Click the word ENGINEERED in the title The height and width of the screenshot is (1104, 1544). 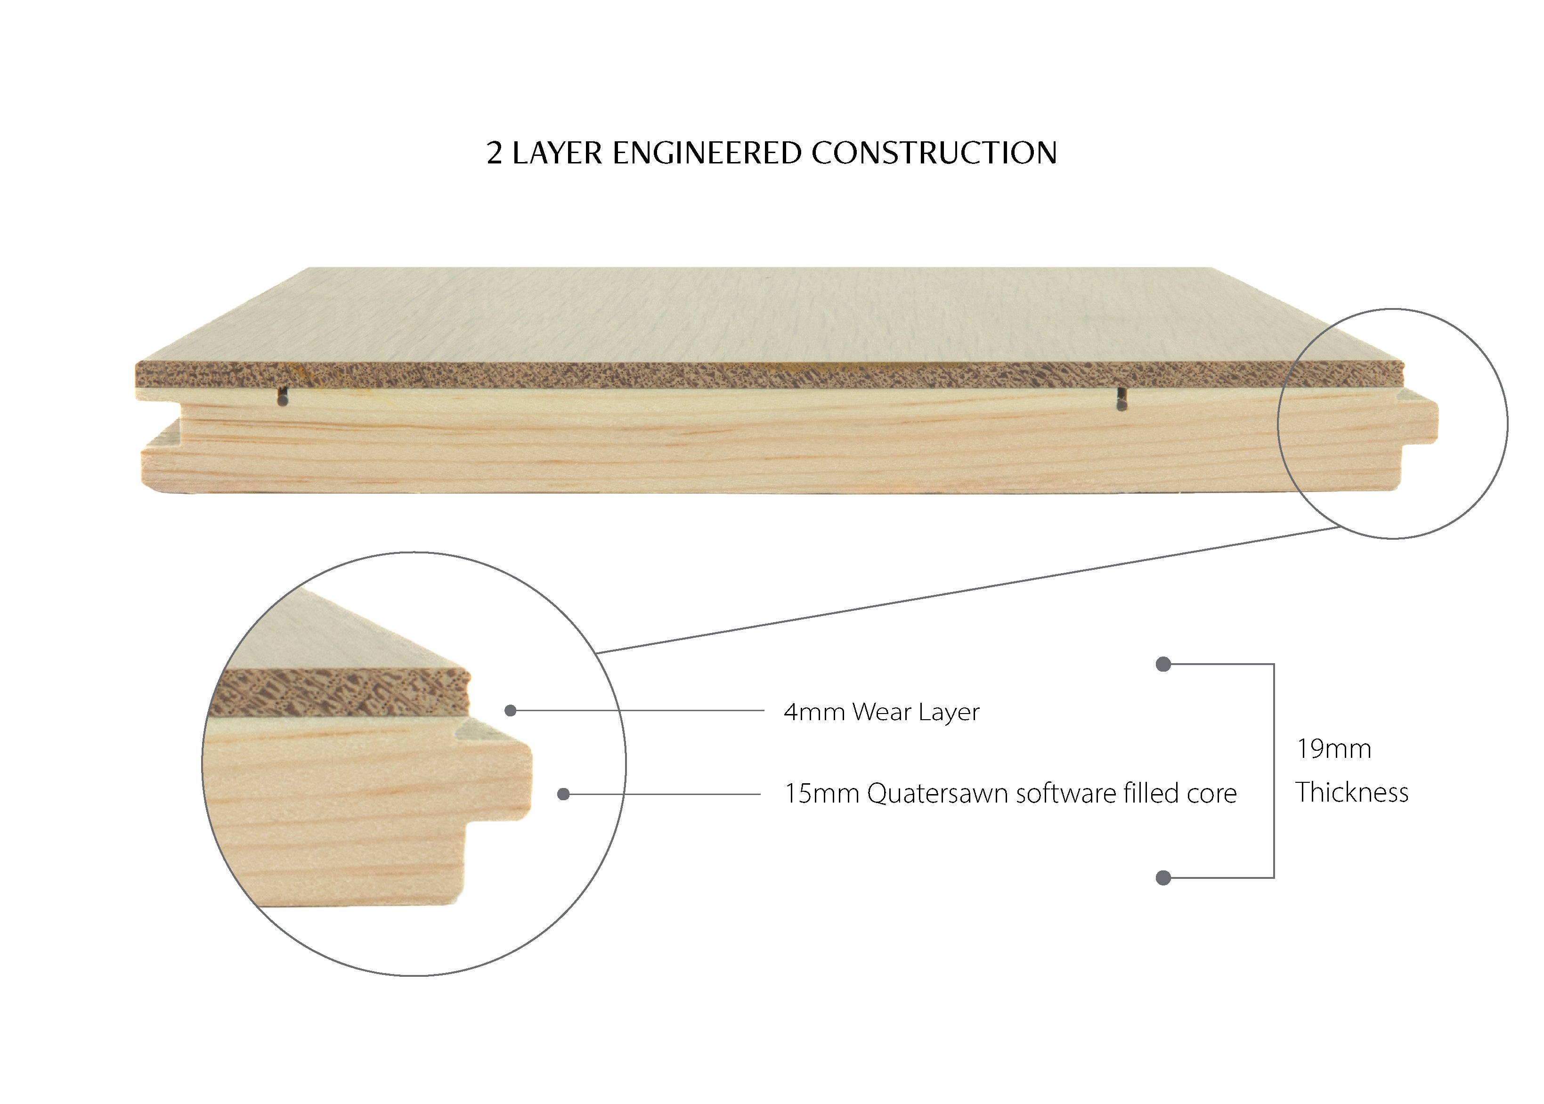707,153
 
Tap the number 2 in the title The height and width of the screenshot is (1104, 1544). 494,154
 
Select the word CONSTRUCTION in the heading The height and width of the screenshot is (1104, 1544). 934,153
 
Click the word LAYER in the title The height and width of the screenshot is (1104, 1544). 557,153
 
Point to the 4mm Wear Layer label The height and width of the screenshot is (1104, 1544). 881,712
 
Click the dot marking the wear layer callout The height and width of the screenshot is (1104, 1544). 511,710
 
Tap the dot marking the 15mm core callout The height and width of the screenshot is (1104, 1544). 563,794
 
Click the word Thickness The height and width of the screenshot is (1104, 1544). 1352,793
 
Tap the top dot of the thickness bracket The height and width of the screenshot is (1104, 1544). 1163,664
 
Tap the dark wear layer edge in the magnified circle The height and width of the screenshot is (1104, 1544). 340,692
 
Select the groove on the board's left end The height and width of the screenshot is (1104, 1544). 161,427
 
